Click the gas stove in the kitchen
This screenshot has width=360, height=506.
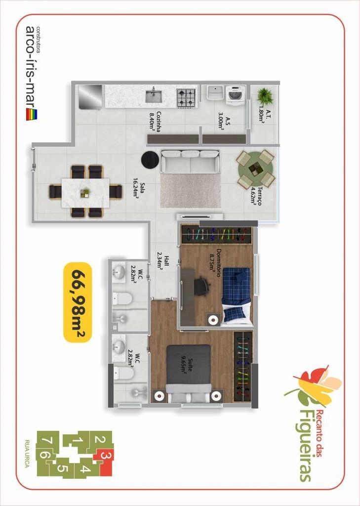[186, 97]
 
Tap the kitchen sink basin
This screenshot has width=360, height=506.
[153, 96]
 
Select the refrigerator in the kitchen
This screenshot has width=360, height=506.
[91, 96]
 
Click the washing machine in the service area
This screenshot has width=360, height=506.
[237, 94]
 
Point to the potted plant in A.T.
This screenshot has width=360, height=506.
[265, 96]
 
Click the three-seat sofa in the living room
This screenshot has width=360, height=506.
[191, 161]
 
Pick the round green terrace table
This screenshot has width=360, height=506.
[255, 169]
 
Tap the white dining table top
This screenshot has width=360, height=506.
[85, 193]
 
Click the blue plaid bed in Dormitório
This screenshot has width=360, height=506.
[236, 295]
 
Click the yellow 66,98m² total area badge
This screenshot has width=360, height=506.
[78, 302]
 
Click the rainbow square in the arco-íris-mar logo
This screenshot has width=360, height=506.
[31, 115]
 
